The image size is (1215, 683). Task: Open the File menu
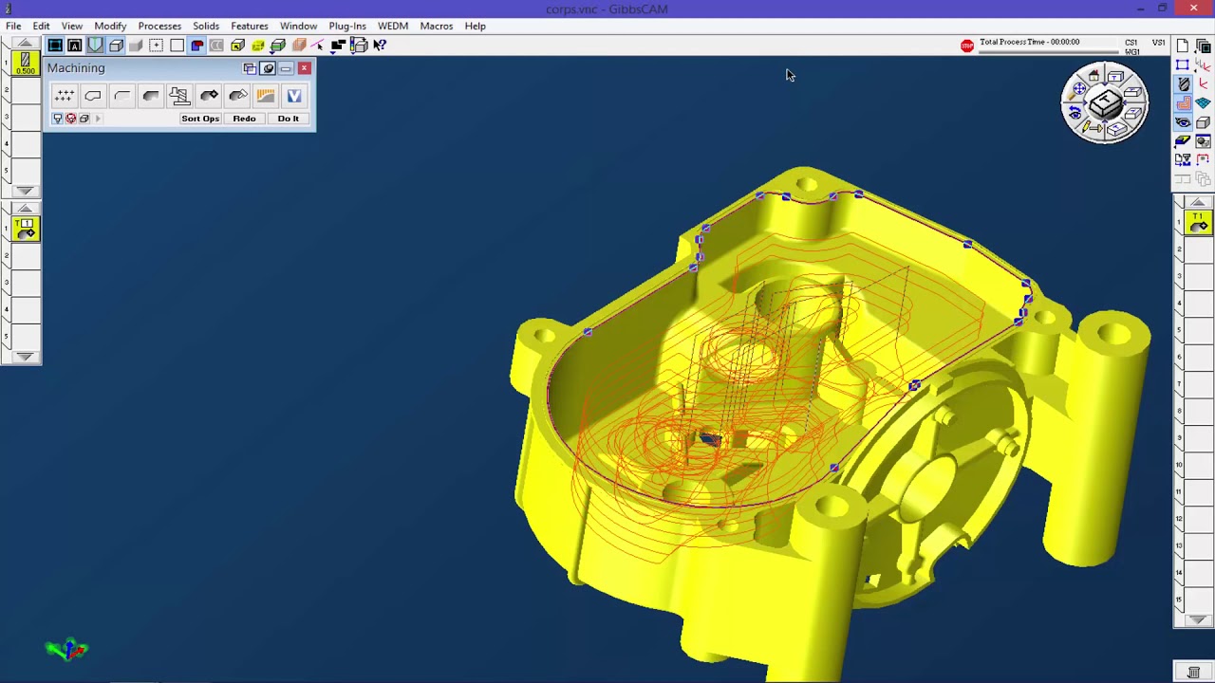click(13, 26)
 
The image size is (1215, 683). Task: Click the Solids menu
click(205, 26)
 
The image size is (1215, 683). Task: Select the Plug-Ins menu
click(347, 26)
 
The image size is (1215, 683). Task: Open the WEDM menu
click(393, 26)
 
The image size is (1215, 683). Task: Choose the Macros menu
click(437, 26)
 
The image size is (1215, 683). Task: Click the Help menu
click(475, 26)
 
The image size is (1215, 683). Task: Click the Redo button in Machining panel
click(244, 119)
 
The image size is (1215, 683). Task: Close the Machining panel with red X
click(304, 68)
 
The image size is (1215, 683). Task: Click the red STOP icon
click(966, 46)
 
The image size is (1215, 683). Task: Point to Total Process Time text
click(1029, 42)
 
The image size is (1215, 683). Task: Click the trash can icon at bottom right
click(1193, 673)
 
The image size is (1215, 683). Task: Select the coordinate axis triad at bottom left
click(66, 650)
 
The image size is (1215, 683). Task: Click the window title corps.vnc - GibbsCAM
click(607, 9)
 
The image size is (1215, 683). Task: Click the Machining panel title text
click(76, 68)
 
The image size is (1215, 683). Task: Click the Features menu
click(249, 26)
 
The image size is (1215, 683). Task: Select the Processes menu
click(159, 26)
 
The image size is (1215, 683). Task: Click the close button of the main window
click(1193, 9)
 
